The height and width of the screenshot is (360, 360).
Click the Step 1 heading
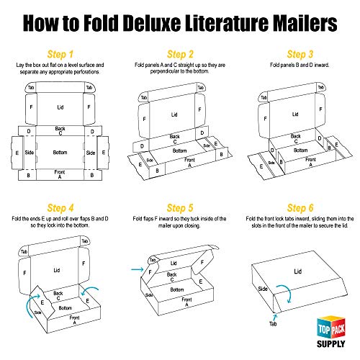coord(60,54)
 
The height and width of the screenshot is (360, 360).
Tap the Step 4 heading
coord(60,208)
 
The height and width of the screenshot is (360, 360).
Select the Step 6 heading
coord(300,208)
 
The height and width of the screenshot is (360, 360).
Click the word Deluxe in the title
coord(153,23)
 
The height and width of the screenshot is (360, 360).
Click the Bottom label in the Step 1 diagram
coord(60,153)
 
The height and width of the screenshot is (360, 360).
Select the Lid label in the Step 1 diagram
coord(60,107)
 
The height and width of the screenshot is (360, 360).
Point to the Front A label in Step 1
coord(60,174)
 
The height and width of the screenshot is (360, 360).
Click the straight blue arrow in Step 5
coord(138,269)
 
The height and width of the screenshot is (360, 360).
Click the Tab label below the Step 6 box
coord(273,324)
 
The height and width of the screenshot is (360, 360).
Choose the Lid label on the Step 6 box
coord(298,271)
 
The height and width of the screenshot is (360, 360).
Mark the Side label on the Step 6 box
coord(263,289)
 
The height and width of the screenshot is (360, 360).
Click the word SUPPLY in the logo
coord(331,344)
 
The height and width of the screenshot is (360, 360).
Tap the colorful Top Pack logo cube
coord(331,327)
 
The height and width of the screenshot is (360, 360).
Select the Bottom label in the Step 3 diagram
coord(300,150)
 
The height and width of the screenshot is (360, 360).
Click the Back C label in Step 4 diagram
coord(58,296)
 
